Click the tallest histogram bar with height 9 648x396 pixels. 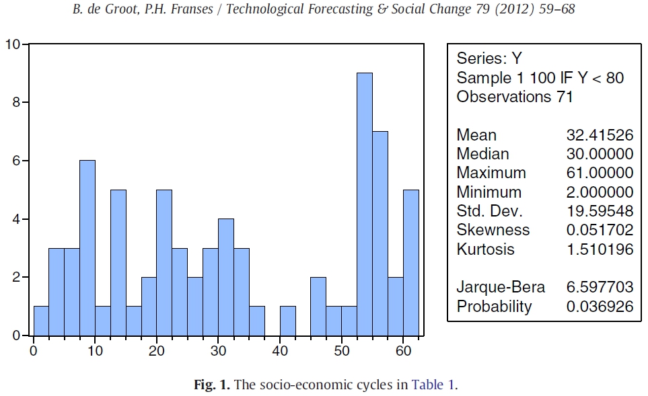[364, 204]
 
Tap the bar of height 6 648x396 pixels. [87, 248]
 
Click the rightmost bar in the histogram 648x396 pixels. [411, 263]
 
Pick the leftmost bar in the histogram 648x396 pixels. [41, 321]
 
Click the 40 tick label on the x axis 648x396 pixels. [280, 350]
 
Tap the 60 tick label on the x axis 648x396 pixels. [403, 350]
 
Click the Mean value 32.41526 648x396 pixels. [600, 134]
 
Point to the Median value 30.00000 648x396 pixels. [600, 154]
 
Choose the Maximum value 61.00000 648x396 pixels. [600, 173]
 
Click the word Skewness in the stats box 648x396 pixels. [493, 230]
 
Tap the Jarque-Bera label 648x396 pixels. [501, 287]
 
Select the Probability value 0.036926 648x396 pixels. [600, 307]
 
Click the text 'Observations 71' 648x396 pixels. [515, 97]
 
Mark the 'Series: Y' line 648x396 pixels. [489, 58]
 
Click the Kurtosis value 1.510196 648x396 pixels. [600, 249]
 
